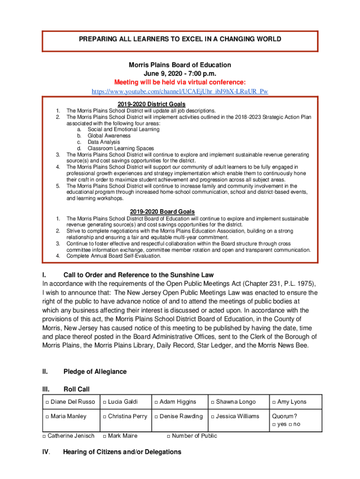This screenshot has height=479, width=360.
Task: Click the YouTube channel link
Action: click(180, 91)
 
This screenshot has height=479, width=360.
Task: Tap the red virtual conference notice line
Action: click(180, 82)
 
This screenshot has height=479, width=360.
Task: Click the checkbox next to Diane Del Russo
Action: click(47, 402)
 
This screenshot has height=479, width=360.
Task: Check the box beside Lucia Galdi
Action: click(105, 402)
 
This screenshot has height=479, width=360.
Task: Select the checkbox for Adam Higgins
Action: click(156, 402)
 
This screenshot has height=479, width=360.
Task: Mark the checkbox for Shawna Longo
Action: click(213, 402)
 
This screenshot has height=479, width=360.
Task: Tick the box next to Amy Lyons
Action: click(274, 402)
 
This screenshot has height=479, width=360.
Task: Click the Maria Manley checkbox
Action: click(47, 417)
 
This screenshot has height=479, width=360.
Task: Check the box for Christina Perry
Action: click(105, 417)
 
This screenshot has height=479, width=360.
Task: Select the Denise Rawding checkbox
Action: click(156, 417)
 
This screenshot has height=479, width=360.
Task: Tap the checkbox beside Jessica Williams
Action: click(213, 417)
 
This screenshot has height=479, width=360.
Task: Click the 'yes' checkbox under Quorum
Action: click(274, 425)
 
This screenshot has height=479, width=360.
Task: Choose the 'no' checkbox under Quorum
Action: click(290, 425)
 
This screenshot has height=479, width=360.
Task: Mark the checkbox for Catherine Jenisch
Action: click(44, 436)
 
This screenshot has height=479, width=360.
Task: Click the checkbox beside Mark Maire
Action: click(105, 436)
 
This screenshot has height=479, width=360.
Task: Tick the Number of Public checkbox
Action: click(169, 436)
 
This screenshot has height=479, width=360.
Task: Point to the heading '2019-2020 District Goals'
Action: click(151, 104)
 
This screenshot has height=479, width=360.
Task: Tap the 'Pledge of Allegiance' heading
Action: click(95, 372)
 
